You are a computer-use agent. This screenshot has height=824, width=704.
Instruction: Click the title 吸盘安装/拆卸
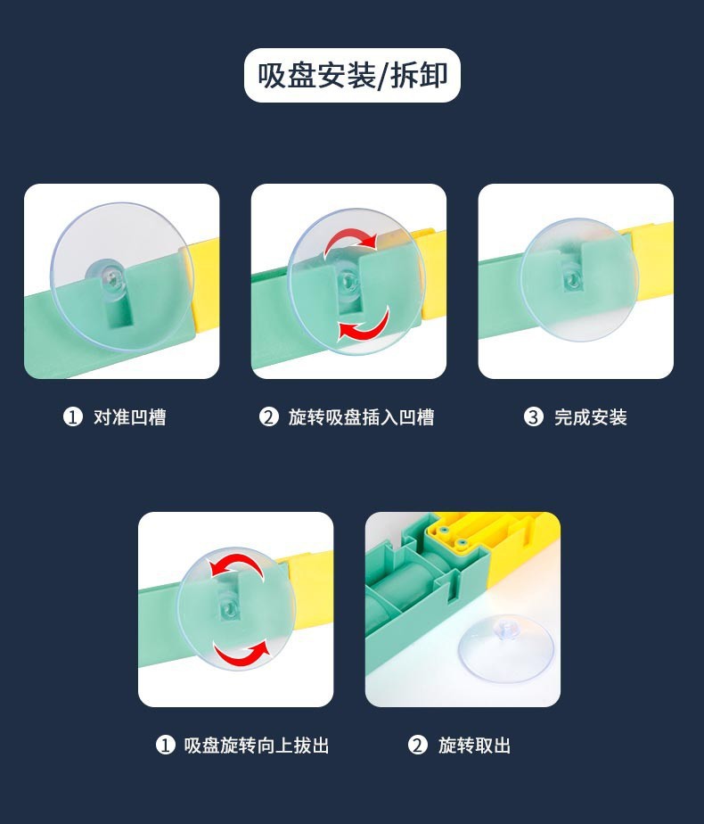coord(352,75)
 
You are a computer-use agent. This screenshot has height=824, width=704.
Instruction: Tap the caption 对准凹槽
coord(130,417)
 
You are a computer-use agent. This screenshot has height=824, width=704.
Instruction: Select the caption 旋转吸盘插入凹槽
coord(361,417)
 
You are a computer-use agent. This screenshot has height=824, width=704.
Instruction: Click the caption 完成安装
coord(591,417)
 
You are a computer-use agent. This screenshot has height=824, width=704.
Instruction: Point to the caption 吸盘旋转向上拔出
coord(256,746)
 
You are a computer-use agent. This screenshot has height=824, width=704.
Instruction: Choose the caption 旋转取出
coord(475,746)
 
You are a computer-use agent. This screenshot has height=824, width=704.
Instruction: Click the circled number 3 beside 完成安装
coord(534,417)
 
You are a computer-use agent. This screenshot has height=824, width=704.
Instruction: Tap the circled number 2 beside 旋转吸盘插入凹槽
coord(268,417)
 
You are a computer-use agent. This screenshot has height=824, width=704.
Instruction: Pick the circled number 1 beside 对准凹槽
coord(73,417)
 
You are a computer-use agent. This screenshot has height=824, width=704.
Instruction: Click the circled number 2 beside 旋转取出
coord(418,746)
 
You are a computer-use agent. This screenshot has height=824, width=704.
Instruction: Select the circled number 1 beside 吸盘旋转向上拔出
coord(166,746)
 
